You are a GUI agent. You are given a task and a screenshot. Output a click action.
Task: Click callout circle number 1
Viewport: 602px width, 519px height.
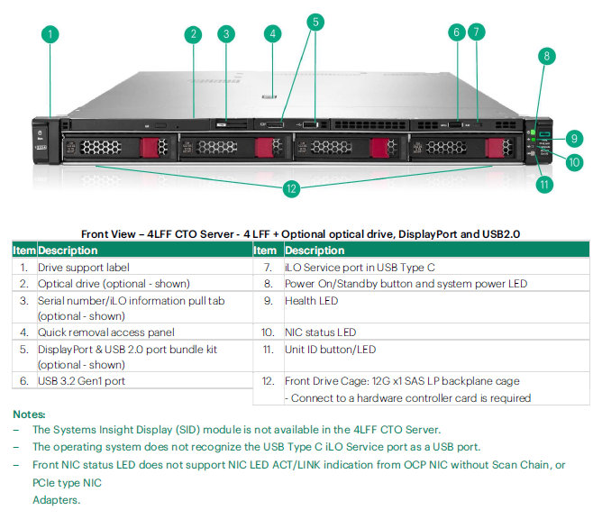click(50, 34)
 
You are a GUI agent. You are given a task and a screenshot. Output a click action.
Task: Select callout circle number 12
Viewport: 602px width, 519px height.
click(291, 188)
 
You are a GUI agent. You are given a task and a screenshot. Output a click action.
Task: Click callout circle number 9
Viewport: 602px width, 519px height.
click(572, 138)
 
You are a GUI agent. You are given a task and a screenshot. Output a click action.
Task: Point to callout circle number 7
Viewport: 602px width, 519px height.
click(478, 32)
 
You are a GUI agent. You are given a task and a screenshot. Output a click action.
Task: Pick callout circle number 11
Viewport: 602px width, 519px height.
click(544, 185)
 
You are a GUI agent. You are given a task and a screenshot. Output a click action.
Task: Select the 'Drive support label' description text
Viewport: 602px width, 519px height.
click(84, 268)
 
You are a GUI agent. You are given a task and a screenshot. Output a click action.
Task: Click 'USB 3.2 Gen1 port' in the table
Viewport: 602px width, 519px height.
click(81, 381)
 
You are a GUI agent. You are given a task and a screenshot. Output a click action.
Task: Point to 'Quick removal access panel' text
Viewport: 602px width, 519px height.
click(106, 332)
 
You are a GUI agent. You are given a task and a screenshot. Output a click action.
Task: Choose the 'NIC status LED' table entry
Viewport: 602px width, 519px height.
click(321, 332)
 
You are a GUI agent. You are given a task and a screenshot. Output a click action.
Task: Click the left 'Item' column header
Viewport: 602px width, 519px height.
click(24, 250)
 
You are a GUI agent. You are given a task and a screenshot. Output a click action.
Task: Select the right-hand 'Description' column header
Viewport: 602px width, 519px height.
click(315, 250)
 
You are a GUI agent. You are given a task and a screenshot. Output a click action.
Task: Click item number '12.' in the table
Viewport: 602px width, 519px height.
click(268, 381)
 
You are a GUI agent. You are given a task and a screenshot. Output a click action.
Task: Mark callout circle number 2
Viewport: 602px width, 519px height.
click(193, 34)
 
